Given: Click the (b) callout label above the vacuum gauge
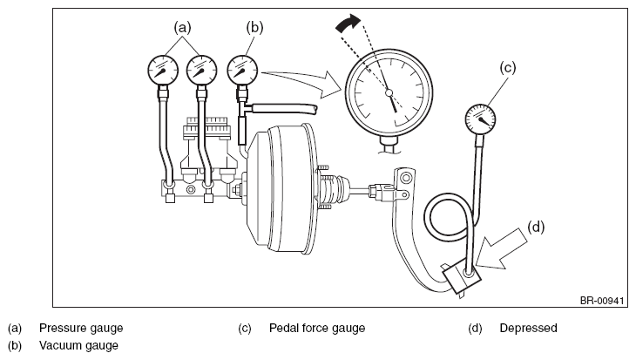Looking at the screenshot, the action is coord(254,28).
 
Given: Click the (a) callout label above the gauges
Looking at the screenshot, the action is coord(182,28).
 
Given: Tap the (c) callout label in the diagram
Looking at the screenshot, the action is coord(507,67).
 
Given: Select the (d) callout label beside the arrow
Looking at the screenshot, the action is coord(536,227).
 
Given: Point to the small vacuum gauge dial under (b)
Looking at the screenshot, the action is coord(242,71).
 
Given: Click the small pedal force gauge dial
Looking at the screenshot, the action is coord(480,119).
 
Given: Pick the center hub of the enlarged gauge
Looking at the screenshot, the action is coord(389,93).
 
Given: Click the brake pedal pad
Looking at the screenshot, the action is coord(462,277).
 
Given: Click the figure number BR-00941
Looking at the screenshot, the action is coord(602,301).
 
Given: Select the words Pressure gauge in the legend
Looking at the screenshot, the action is coord(81,328).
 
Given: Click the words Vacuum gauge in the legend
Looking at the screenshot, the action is coord(78,345).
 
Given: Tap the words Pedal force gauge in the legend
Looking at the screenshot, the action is coord(317,328).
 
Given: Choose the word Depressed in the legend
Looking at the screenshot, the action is coord(528,328).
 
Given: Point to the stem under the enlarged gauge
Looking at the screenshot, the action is coord(389,145).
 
